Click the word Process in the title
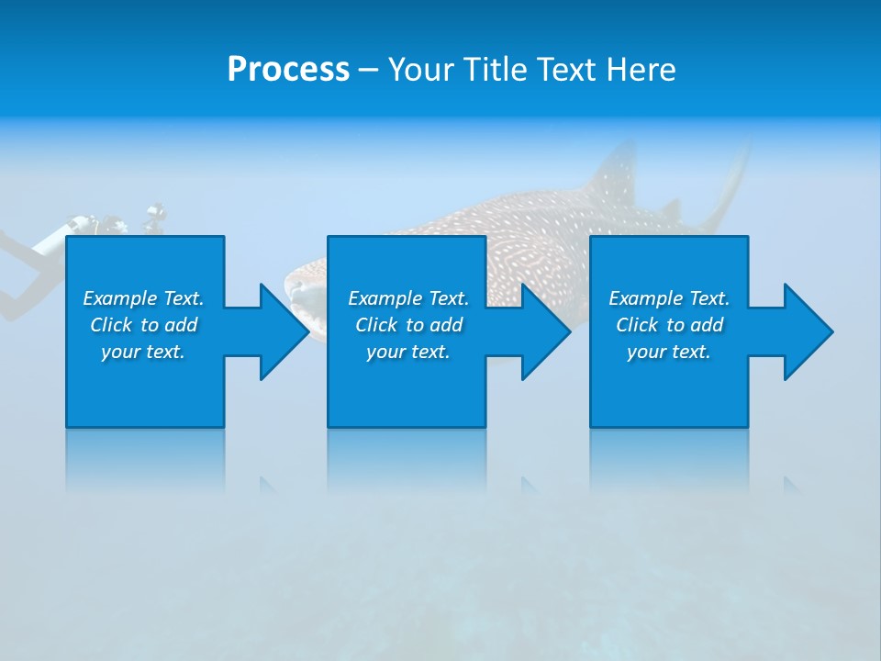(288, 70)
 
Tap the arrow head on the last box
(807, 331)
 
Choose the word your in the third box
(646, 352)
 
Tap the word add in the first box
(181, 325)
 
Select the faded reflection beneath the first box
(145, 459)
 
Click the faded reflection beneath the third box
(668, 459)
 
